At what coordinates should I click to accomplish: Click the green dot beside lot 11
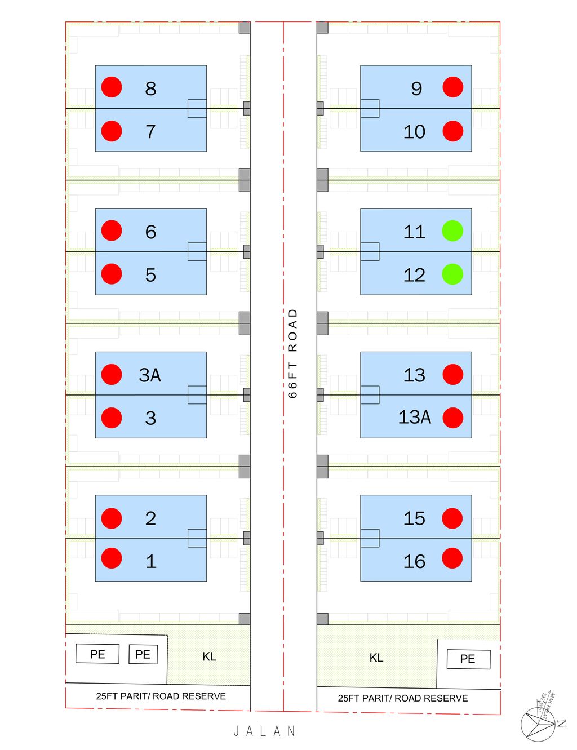tap(452, 230)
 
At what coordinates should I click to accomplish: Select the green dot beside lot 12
tap(452, 274)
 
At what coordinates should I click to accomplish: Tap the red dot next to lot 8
tap(112, 87)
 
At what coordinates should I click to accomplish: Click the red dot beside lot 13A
tap(453, 418)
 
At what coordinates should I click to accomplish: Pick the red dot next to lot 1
tap(112, 558)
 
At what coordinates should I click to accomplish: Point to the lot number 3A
tap(150, 375)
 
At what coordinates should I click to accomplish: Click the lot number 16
tap(414, 561)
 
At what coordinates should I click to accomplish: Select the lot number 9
tap(416, 88)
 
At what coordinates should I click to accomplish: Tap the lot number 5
tap(150, 275)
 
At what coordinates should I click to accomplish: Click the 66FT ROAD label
tap(292, 353)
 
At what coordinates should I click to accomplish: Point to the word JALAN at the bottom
tap(265, 731)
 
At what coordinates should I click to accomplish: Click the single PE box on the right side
tap(468, 659)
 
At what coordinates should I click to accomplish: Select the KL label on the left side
tap(209, 656)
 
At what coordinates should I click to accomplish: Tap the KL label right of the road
tap(376, 658)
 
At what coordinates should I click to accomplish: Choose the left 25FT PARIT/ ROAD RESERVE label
tap(161, 696)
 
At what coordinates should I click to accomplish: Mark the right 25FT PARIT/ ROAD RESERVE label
tap(402, 698)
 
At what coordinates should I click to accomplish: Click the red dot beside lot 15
tap(452, 518)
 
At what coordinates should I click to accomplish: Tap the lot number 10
tap(414, 132)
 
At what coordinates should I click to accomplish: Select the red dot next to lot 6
tap(112, 230)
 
